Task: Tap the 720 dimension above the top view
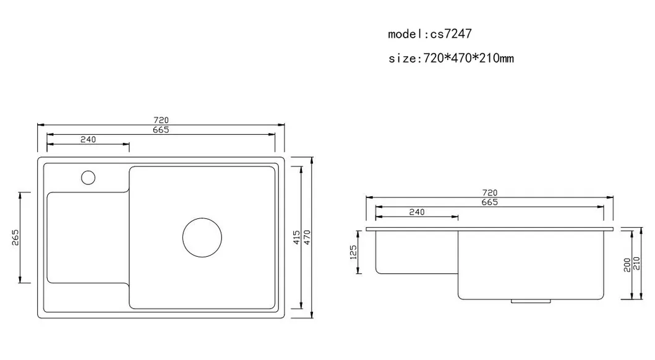click(161, 120)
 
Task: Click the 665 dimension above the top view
click(161, 129)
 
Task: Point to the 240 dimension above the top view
click(88, 140)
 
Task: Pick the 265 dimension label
click(15, 238)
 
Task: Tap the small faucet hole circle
click(88, 178)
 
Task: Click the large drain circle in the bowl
click(202, 237)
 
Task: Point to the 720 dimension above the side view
click(489, 193)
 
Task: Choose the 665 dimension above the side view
click(489, 202)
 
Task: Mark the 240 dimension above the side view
click(417, 212)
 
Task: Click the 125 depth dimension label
click(353, 252)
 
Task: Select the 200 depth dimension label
click(627, 264)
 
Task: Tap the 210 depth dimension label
click(636, 264)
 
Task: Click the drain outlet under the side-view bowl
click(530, 301)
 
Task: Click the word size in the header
click(401, 59)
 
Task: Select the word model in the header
click(406, 34)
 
